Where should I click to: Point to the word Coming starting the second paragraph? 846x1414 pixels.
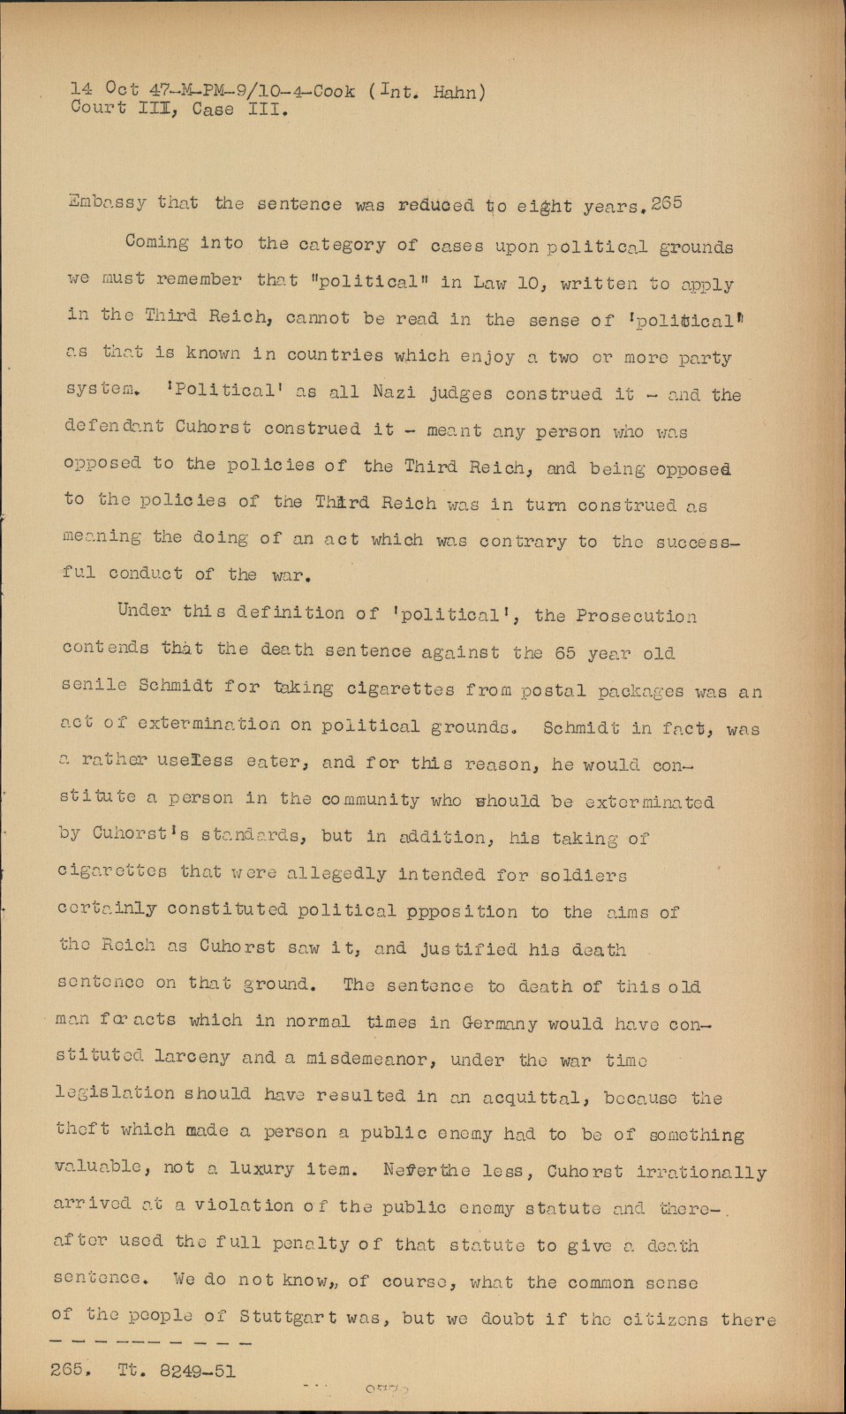point(156,242)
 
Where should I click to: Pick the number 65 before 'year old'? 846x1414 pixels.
point(566,654)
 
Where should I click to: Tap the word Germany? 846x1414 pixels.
point(499,1023)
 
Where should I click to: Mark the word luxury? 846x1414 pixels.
point(261,1169)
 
